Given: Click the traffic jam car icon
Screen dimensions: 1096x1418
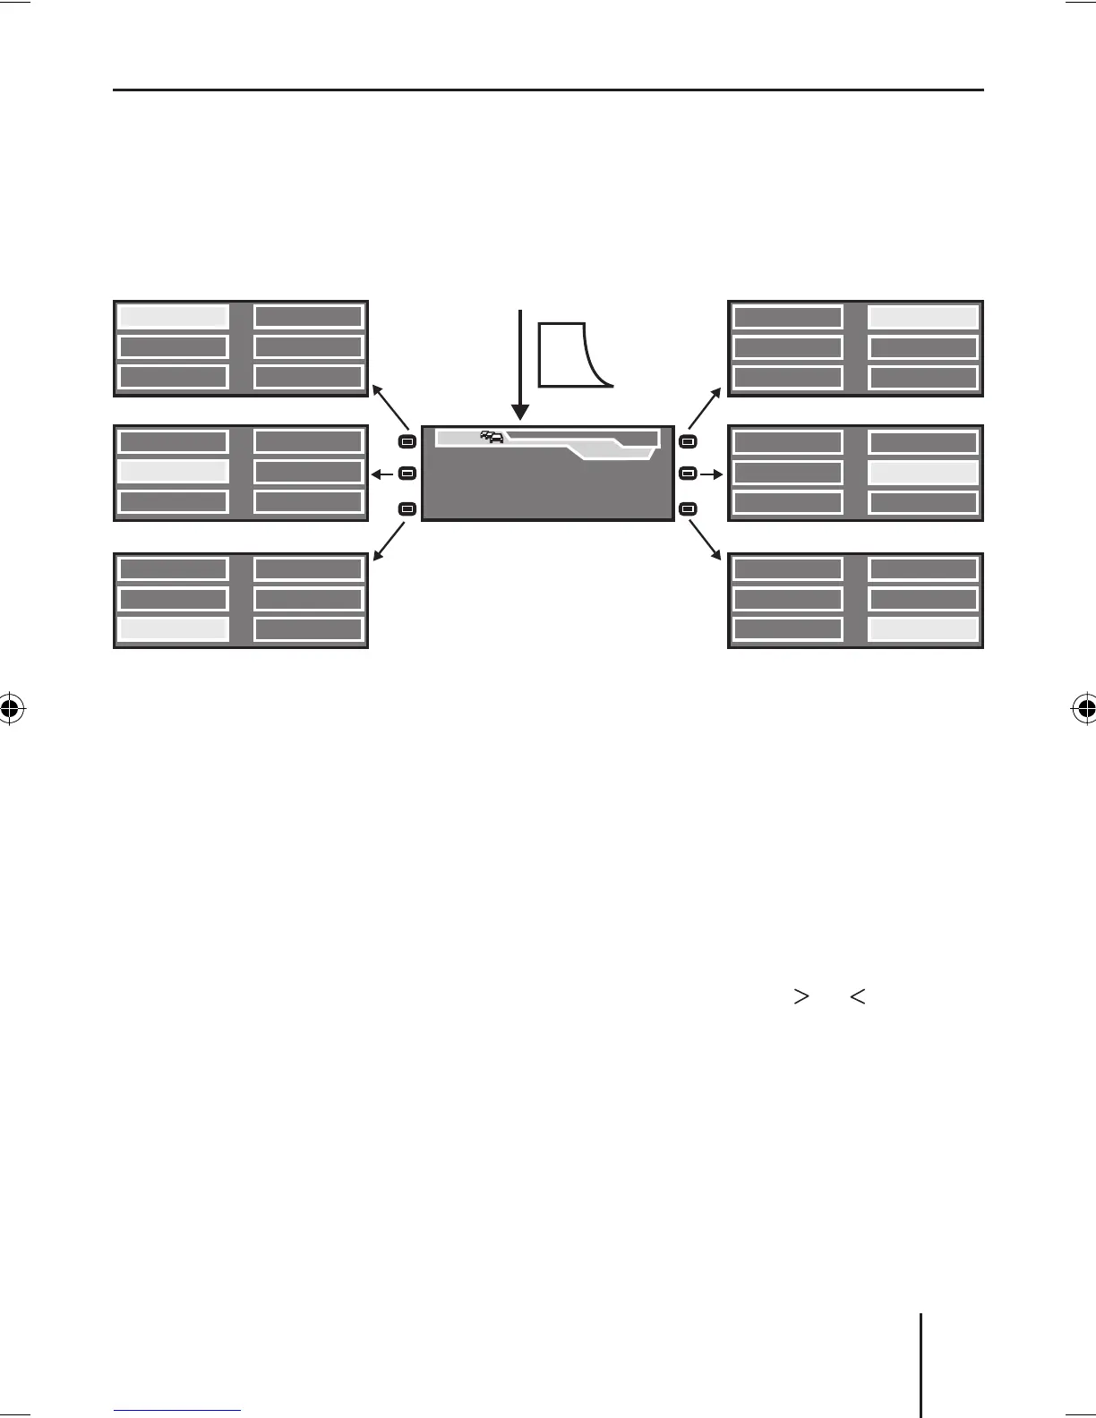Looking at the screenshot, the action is tap(492, 437).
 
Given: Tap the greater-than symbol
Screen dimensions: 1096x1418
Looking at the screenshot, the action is tap(801, 995).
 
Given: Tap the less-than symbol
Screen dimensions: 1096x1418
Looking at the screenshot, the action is tap(857, 995).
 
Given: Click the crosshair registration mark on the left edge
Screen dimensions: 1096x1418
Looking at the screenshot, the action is tap(10, 709).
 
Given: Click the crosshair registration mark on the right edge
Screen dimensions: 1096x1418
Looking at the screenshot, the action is tap(1084, 709).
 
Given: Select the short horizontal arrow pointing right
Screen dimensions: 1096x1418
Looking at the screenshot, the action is tap(711, 474).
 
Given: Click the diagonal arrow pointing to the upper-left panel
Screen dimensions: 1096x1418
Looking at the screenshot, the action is tap(391, 406).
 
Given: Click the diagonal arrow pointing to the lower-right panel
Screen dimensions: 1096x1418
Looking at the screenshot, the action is tap(705, 540).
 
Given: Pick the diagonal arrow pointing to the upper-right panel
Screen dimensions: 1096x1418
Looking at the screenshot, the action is tap(705, 407).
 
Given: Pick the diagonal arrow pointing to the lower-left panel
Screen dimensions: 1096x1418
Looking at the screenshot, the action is tap(391, 540).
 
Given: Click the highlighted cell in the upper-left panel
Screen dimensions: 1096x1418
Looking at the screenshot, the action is tap(173, 316).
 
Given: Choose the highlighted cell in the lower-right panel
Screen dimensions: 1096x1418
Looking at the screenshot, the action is tap(923, 629).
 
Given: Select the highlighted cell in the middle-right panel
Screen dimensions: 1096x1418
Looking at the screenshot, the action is tap(923, 473).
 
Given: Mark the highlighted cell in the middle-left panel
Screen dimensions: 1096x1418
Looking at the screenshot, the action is tap(173, 472).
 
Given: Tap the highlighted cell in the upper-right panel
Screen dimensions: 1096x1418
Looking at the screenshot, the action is tap(923, 317).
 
